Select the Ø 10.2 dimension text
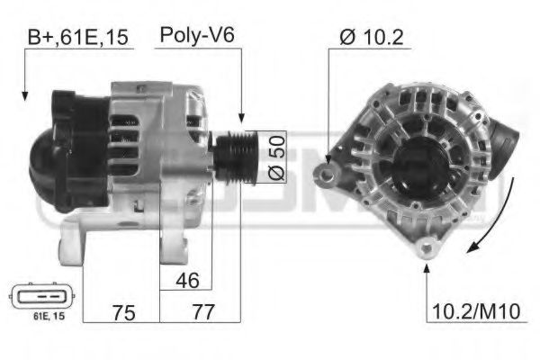[x=370, y=37]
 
